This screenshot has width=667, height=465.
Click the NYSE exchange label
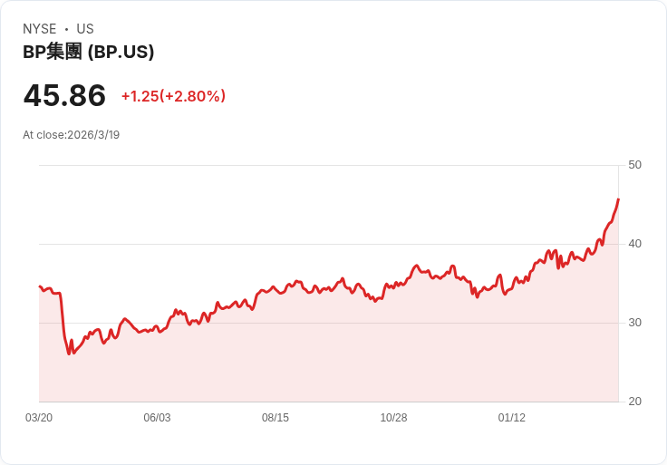pyautogui.click(x=40, y=29)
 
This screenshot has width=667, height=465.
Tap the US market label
pyautogui.click(x=85, y=29)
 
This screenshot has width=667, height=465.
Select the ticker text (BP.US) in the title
pyautogui.click(x=121, y=53)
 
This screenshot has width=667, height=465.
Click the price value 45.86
pyautogui.click(x=64, y=95)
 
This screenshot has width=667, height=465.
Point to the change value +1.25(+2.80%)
pyautogui.click(x=174, y=96)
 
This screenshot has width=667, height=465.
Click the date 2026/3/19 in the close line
pyautogui.click(x=93, y=135)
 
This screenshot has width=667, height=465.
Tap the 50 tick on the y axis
pyautogui.click(x=634, y=165)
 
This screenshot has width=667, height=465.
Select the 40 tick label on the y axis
pyautogui.click(x=634, y=244)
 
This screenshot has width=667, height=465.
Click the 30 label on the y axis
pyautogui.click(x=634, y=323)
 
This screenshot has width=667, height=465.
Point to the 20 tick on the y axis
pyautogui.click(x=634, y=402)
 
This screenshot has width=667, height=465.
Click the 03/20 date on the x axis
pyautogui.click(x=39, y=418)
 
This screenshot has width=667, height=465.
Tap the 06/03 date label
pyautogui.click(x=157, y=418)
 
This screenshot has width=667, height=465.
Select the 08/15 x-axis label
pyautogui.click(x=275, y=418)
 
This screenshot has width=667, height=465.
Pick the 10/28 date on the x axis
pyautogui.click(x=393, y=418)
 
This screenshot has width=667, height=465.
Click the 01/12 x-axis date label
pyautogui.click(x=512, y=418)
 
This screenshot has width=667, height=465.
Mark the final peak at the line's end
pyautogui.click(x=618, y=199)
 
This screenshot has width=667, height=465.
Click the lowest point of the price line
pyautogui.click(x=69, y=354)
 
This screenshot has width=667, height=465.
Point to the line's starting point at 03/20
pyautogui.click(x=40, y=286)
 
